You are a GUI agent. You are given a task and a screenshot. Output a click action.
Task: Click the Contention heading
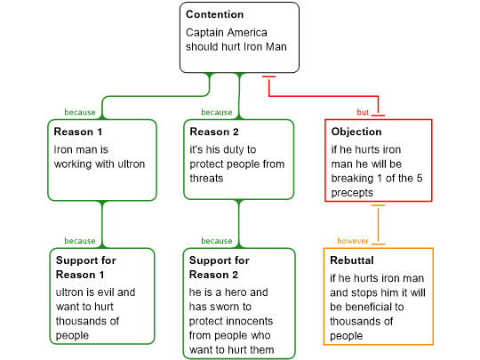pos(214,14)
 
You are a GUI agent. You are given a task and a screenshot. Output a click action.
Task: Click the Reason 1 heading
pos(77,132)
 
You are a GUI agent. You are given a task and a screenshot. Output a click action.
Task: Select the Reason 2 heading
pos(214,132)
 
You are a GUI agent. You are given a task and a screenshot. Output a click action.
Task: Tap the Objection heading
pos(356,132)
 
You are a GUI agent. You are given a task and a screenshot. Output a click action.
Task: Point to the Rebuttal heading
pos(352,260)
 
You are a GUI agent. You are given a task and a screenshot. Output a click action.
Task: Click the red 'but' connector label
pos(363,112)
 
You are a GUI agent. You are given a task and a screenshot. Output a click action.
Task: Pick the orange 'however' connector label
pos(353,241)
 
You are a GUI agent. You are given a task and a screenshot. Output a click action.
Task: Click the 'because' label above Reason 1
pos(80,112)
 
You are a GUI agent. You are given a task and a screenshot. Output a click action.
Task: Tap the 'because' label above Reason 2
pos(217,112)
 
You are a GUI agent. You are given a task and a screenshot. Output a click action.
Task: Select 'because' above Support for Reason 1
pos(80,241)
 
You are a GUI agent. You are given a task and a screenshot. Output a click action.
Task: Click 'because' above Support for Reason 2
pos(217,241)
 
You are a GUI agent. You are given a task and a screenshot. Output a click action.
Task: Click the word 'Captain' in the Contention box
pos(204,33)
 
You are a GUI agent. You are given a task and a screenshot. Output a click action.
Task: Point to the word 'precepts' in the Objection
pos(352,193)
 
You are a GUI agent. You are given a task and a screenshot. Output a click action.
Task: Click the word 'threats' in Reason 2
pos(206,179)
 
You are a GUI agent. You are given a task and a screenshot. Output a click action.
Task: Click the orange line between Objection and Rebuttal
pos(379,225)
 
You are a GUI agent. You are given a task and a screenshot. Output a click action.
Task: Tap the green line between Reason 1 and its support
pos(102,224)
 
